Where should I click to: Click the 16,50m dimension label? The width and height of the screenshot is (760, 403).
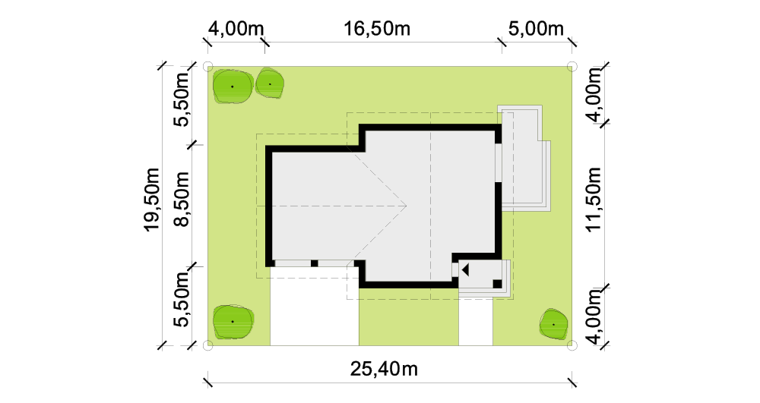coord(377,29)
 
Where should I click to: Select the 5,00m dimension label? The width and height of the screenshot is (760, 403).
coord(536,29)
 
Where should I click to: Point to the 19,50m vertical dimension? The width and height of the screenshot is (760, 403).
coord(152,200)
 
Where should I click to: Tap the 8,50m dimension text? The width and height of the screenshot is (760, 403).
coord(182,199)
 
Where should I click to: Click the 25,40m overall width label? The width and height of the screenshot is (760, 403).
coord(384,369)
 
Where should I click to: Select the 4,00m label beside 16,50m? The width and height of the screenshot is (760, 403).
coord(236,29)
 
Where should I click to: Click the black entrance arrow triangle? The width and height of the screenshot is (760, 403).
coord(465,270)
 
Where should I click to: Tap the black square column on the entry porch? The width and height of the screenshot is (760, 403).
coord(497,284)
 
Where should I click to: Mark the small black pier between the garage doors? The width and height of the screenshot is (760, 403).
coord(314,263)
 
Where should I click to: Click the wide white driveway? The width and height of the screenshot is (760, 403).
coord(314,306)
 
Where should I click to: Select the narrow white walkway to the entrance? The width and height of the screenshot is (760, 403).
coord(476,322)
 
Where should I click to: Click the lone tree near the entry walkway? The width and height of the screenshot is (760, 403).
coord(553,323)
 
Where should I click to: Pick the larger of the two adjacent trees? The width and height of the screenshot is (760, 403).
coord(233,87)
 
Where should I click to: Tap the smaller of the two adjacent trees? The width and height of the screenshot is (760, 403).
coord(270,84)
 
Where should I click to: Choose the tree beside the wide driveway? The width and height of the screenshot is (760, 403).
coord(233,321)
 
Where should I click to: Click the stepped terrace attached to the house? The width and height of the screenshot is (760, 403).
coord(525,159)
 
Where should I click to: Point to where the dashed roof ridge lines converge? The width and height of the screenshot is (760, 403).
coord(406,206)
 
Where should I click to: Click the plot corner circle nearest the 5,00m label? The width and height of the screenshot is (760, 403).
coord(572,66)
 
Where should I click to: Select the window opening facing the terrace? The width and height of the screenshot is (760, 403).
coord(498,162)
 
